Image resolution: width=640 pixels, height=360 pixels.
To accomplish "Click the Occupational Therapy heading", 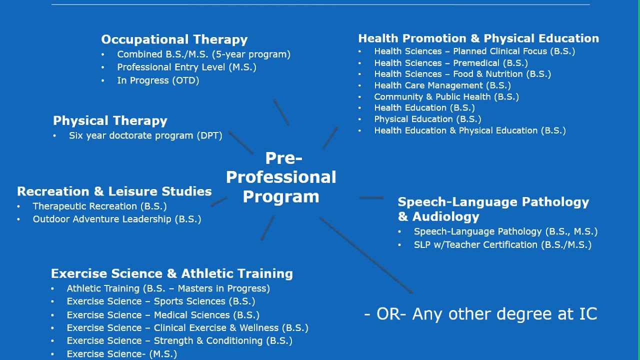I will point(174,39).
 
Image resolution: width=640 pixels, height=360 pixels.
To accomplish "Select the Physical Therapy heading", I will point(110,120).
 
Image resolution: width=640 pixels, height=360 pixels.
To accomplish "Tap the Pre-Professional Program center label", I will point(281,177).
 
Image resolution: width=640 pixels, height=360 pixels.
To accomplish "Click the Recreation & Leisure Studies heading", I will point(114,191).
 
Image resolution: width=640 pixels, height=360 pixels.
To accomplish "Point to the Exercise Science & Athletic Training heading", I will point(171,273).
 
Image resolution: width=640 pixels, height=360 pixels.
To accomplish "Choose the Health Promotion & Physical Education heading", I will point(478,38).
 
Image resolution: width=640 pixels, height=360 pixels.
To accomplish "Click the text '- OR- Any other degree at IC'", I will point(480,314).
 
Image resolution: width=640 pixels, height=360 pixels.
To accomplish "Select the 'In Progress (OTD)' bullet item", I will point(158,80).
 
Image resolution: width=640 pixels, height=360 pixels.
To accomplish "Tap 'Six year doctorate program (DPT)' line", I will point(145,135).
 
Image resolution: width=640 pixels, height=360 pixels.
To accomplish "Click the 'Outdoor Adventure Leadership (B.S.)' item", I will point(117,219).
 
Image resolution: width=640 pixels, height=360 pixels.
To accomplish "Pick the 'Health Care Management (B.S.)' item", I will point(442,85).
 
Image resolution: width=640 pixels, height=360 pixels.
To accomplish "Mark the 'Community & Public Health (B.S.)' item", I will point(446,97).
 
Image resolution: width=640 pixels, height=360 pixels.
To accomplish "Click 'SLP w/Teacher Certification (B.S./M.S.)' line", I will point(502,244).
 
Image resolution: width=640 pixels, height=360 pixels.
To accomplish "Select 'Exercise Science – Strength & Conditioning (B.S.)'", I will point(179,340).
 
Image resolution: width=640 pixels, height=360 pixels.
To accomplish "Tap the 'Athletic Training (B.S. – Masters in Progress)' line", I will point(168,288).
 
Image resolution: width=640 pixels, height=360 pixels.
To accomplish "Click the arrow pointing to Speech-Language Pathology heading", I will point(371,197).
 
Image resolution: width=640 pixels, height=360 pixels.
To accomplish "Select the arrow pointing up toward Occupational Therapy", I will point(281,112).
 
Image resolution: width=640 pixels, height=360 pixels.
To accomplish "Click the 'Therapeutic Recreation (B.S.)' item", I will point(99,206).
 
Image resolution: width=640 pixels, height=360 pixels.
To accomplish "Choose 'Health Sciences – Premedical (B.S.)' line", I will point(451,63).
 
